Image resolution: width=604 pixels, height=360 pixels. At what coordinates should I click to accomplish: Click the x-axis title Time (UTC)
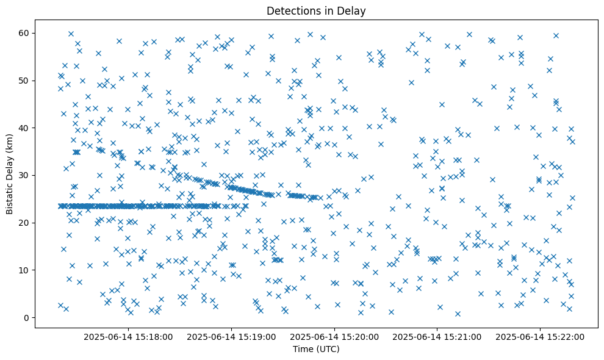point(315,350)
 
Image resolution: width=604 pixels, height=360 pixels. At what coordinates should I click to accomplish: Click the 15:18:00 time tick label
point(129,336)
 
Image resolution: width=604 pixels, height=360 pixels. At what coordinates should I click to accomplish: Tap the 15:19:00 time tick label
point(232,336)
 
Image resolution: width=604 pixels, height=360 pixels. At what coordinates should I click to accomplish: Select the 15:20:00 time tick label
point(334,336)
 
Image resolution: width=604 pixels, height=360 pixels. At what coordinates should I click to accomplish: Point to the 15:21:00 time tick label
point(437,336)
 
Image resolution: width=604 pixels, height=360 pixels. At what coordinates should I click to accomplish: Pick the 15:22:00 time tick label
point(540,336)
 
